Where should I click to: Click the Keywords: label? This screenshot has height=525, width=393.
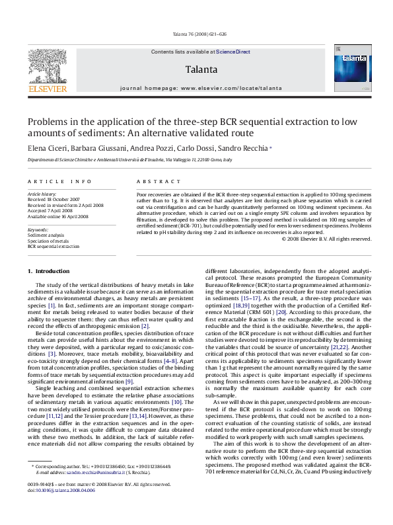pos(38,229)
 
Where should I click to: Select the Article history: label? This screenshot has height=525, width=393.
pos(42,195)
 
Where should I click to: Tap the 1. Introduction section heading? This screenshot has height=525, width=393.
pos(47,271)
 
